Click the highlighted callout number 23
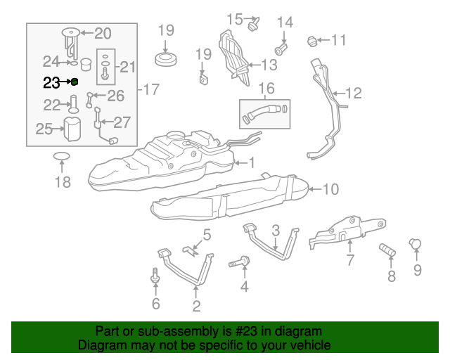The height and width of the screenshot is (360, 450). click(x=51, y=83)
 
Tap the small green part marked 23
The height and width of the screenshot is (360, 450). click(x=75, y=82)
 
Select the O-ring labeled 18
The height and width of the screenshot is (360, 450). click(x=62, y=156)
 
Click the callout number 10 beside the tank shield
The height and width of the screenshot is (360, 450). click(x=331, y=189)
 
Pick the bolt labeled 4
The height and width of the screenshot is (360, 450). click(x=239, y=262)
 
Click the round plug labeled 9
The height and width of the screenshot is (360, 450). click(x=415, y=244)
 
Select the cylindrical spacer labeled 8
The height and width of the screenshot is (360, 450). click(x=387, y=250)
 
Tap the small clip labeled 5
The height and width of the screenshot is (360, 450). click(x=191, y=250)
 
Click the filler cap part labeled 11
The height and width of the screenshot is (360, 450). click(x=312, y=41)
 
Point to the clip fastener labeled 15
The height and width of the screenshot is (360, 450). click(x=253, y=24)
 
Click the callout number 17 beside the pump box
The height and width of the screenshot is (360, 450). click(x=151, y=89)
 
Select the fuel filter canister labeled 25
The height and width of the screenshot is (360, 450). click(x=72, y=129)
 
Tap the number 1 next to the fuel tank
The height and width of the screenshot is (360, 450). click(x=252, y=163)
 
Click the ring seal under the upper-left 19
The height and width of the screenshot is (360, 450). click(x=166, y=59)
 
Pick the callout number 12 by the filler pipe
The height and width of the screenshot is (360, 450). click(x=354, y=94)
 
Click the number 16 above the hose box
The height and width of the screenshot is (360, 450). click(x=266, y=89)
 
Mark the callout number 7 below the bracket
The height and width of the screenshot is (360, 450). click(x=350, y=260)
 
